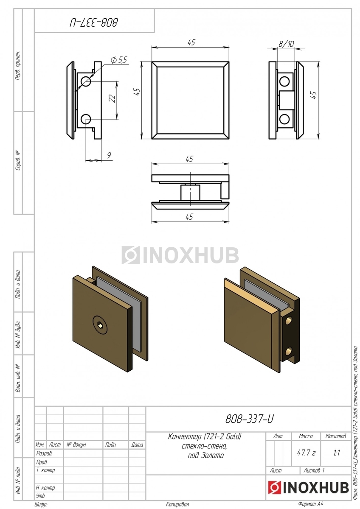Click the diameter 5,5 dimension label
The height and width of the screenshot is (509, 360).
(119, 60)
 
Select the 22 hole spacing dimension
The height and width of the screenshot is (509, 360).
(113, 98)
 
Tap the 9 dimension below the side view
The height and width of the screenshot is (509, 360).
(109, 155)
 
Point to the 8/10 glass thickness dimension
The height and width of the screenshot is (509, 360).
(286, 43)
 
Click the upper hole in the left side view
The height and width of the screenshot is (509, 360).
(86, 81)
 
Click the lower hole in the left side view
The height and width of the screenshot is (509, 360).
(86, 119)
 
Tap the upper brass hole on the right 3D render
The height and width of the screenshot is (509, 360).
(289, 321)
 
